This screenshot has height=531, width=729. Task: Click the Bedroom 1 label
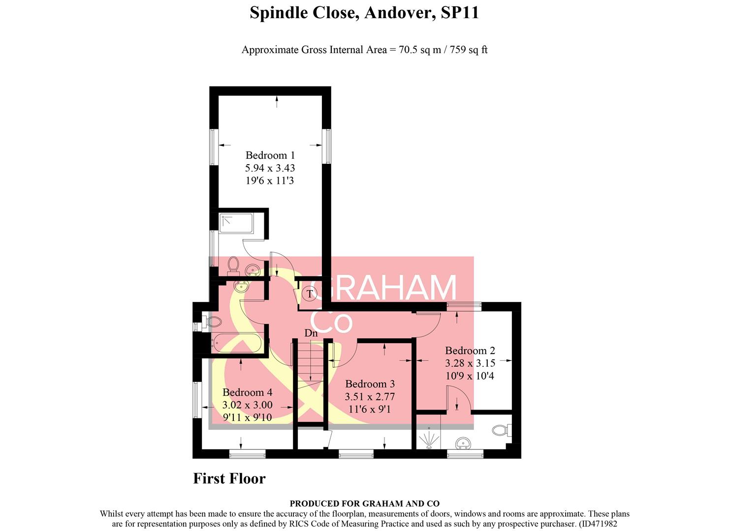[x=270, y=155]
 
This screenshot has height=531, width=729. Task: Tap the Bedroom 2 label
[x=470, y=351]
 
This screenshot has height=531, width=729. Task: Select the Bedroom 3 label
[x=370, y=384]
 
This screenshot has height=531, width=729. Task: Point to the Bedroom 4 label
[x=247, y=392]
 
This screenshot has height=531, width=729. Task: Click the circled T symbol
[x=310, y=294]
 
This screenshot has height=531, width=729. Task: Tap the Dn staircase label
[x=311, y=333]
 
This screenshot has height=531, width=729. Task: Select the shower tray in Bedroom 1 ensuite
[x=236, y=223]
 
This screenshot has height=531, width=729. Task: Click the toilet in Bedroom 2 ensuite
[x=501, y=431]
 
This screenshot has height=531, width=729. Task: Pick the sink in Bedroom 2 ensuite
[x=462, y=443]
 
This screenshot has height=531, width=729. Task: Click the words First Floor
[x=229, y=478]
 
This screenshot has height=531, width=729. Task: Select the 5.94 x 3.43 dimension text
[x=270, y=168]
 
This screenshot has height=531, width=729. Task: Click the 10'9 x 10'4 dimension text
[x=470, y=376]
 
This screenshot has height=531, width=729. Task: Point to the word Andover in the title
[x=399, y=13]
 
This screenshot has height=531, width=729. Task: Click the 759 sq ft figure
[x=468, y=50]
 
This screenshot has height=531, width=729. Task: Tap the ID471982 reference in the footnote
[x=598, y=524]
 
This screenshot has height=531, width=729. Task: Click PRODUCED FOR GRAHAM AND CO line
[x=364, y=503]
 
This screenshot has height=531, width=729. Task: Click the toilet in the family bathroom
[x=213, y=323]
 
